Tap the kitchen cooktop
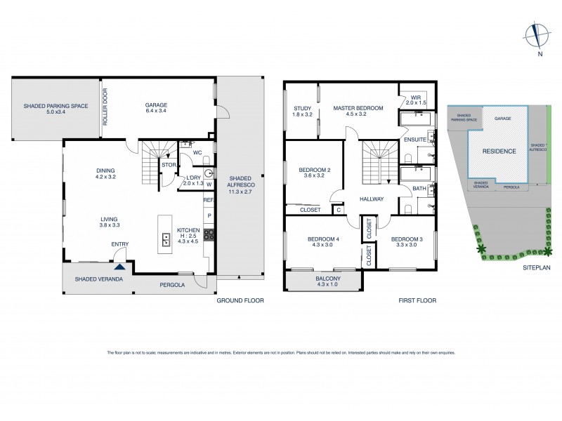coord(209,236)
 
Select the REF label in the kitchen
coord(208,201)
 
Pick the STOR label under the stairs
coord(169,166)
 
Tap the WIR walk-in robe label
coord(416,100)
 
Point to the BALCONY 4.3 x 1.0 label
coord(327,281)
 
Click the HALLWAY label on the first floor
coord(371,199)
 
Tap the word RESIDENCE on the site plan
coord(499,151)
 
